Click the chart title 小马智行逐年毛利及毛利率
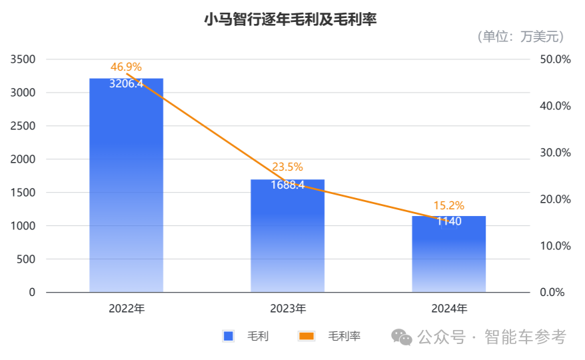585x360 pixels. point(291,20)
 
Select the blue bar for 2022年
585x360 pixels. point(126,193)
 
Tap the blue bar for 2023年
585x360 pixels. point(287,240)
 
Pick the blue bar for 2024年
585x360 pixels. point(448,257)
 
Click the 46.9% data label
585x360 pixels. point(126,67)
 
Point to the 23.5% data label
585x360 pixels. point(287,167)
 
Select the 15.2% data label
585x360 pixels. point(448,205)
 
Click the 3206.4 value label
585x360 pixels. point(126,84)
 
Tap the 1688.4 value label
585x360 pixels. point(287,185)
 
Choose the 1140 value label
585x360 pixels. point(448,221)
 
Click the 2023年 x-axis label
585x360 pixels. point(287,309)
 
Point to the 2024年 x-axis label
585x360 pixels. point(448,309)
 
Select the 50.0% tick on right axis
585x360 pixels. point(555,59)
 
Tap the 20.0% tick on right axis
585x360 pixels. point(555,199)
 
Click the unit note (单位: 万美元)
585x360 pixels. point(520,37)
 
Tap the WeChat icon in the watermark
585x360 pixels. point(402,337)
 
